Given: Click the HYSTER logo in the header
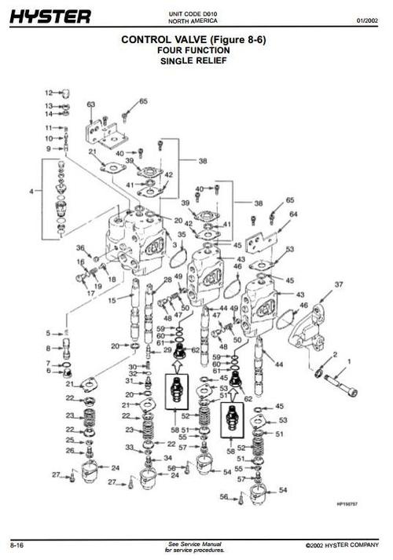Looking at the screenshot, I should click(x=50, y=16).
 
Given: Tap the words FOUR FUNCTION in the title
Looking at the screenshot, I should click(x=193, y=49).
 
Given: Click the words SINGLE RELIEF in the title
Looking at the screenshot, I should click(x=193, y=60).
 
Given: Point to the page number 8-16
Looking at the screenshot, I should click(x=16, y=544).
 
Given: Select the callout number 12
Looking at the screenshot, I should click(x=48, y=92).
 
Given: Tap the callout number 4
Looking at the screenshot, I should click(x=31, y=191).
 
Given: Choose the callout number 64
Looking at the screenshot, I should click(x=293, y=214).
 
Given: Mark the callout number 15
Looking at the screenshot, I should click(x=112, y=300).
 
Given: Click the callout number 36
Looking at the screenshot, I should click(x=79, y=248).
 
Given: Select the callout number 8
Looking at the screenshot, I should click(x=47, y=347).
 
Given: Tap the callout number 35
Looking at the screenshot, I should click(x=182, y=234).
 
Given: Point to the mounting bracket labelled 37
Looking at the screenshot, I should click(x=309, y=329).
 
